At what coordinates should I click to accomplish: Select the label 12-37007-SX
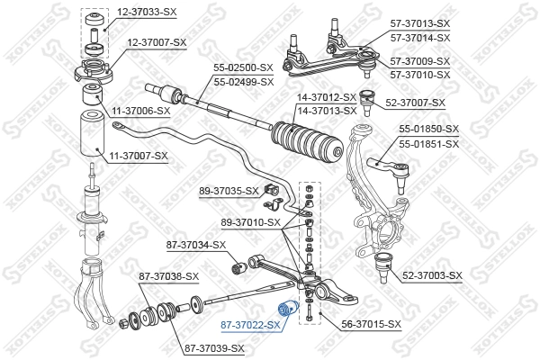(x=157, y=42)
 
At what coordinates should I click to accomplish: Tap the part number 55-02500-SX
(x=242, y=67)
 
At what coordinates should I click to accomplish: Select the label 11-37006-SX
(x=139, y=111)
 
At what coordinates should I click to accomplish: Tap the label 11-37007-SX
(x=139, y=156)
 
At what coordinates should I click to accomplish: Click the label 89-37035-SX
(x=229, y=191)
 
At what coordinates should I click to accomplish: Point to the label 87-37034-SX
(x=195, y=245)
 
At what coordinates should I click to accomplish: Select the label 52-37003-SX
(x=431, y=275)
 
